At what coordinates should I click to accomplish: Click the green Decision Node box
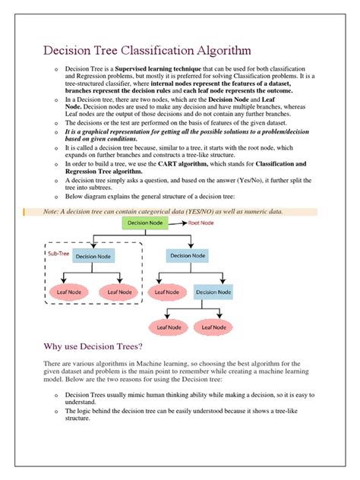(149, 223)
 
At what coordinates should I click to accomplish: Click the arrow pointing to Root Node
(178, 223)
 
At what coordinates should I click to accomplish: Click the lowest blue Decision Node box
(216, 291)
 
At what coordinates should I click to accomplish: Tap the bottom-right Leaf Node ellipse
(216, 327)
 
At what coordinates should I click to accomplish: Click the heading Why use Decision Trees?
(99, 347)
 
